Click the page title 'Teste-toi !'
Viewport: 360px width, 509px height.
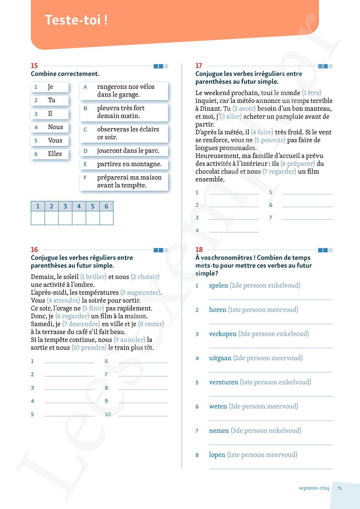point(76,20)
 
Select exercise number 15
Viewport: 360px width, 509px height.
point(34,66)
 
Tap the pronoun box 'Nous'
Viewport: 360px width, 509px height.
point(50,127)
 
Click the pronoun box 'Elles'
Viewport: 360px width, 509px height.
point(50,154)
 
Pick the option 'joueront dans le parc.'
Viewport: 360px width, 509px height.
point(124,151)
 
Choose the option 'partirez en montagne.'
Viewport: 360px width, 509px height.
point(124,164)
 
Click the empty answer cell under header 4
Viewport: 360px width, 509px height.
point(79,218)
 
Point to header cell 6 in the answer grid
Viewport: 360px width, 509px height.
point(106,206)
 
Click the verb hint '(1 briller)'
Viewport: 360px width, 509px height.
point(93,277)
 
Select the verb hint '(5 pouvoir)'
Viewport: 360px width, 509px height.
point(270,140)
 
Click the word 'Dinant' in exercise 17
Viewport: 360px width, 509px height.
point(211,109)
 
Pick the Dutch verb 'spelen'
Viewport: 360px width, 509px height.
point(219,285)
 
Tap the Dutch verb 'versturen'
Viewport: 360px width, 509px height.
point(224,382)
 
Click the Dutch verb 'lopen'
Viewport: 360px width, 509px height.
point(217,455)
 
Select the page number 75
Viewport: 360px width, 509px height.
point(339,488)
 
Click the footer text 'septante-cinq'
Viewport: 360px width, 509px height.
point(314,488)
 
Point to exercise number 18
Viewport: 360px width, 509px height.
point(199,249)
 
